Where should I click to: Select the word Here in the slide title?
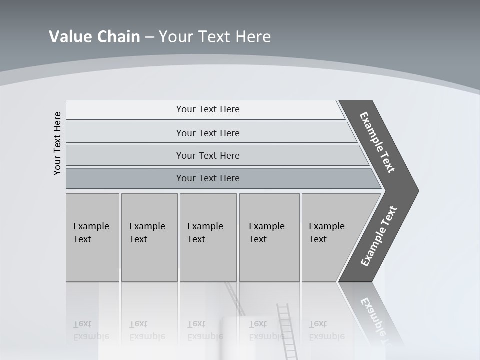click(x=252, y=37)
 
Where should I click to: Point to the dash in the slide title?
click(x=149, y=37)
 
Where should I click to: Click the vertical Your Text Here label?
click(x=57, y=143)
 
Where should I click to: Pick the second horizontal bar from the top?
click(x=207, y=133)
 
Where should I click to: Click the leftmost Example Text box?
click(x=92, y=237)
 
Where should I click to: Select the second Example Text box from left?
click(x=149, y=237)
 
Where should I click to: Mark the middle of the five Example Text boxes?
click(x=208, y=237)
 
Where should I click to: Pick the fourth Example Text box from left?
click(x=269, y=237)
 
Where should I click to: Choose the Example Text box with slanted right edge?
click(x=330, y=237)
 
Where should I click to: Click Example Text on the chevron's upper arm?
click(x=377, y=142)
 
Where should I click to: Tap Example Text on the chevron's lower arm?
click(x=378, y=236)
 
